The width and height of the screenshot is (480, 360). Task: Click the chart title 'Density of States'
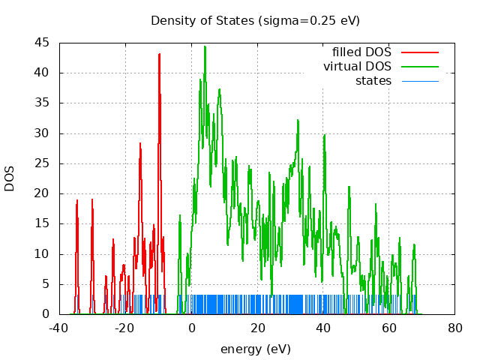click(255, 20)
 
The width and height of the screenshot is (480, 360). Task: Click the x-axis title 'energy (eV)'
click(255, 349)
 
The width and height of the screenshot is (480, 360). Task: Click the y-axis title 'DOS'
click(10, 178)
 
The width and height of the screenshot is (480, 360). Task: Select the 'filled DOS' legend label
click(361, 52)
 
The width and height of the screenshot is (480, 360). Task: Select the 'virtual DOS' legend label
click(357, 67)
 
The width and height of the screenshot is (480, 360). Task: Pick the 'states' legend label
click(373, 80)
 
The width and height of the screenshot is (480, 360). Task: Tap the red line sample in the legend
click(419, 52)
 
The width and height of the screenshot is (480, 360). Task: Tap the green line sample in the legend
click(419, 67)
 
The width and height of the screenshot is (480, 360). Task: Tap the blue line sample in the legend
click(419, 80)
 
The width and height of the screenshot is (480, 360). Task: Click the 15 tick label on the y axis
click(42, 223)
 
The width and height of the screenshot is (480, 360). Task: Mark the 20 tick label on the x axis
click(257, 328)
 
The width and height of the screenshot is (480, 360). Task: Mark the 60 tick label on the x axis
click(389, 328)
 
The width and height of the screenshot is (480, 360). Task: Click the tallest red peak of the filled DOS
click(159, 54)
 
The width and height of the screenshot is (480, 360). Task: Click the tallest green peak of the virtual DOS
click(205, 46)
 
